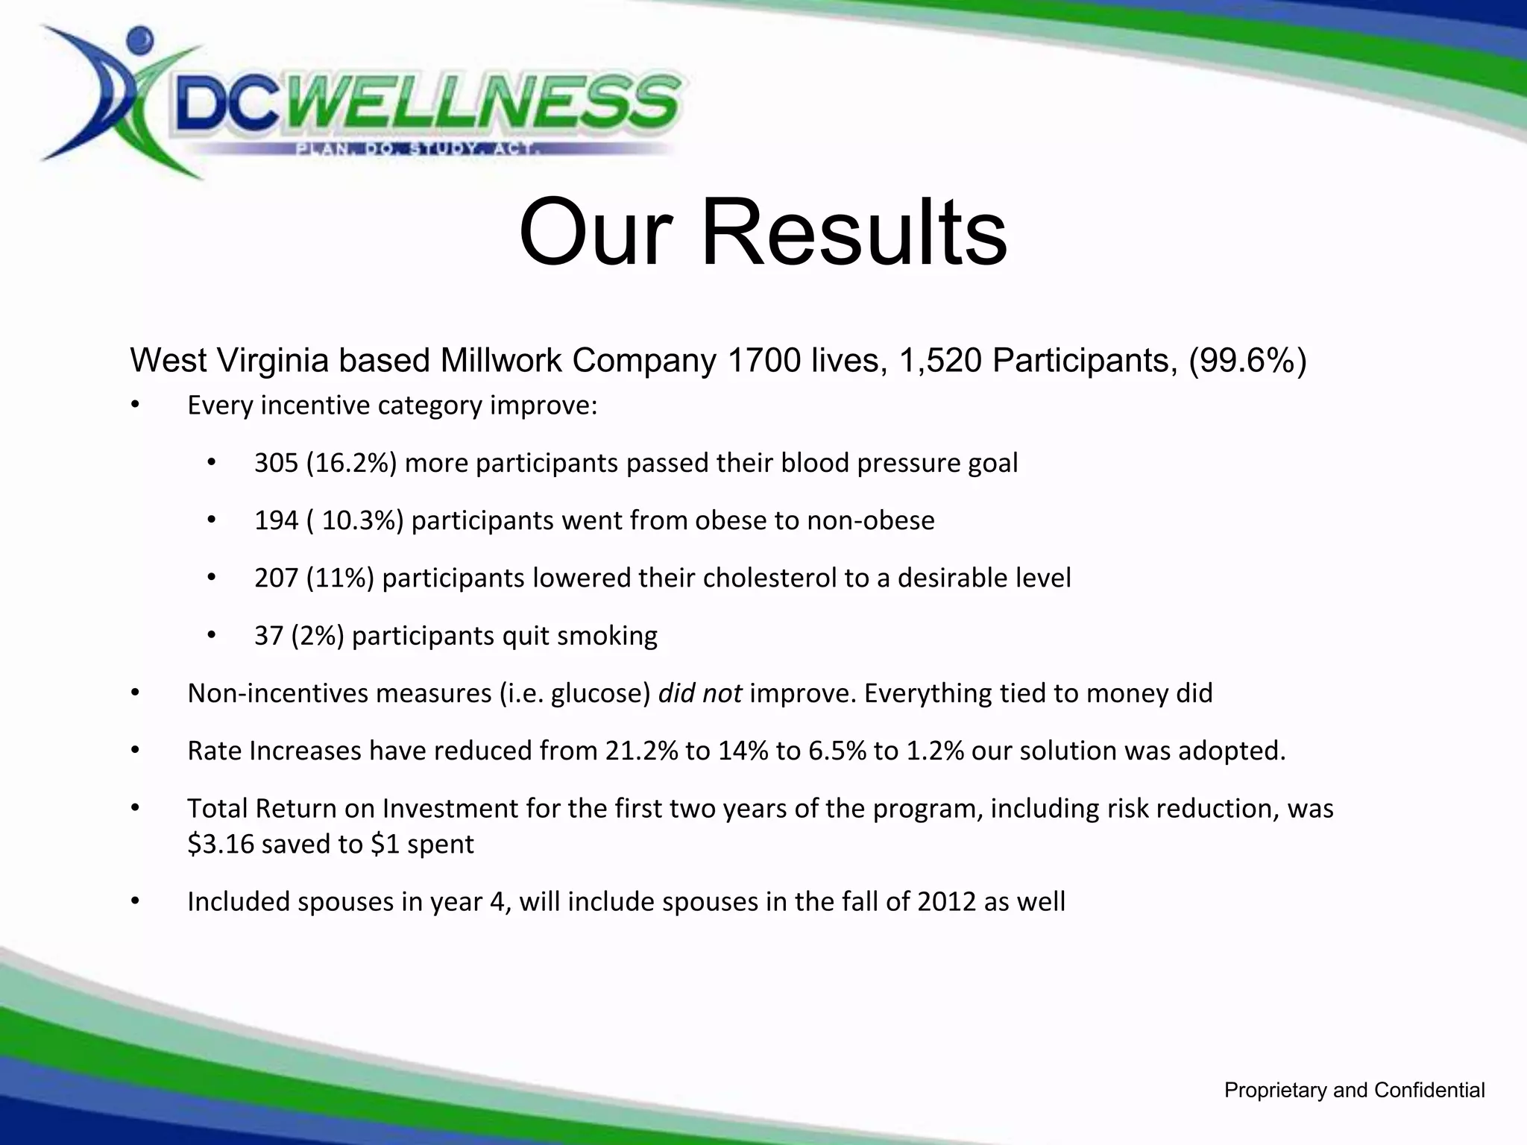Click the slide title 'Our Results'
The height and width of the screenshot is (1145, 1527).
pos(762,232)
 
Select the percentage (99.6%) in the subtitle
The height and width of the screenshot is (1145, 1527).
pos(1247,361)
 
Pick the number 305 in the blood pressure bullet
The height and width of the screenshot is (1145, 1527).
pos(276,464)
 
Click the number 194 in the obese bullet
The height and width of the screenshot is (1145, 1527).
pos(276,521)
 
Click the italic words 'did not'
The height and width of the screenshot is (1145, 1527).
pos(699,693)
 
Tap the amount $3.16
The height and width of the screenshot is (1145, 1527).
pos(221,845)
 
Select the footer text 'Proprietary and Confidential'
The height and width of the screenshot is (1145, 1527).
pos(1354,1091)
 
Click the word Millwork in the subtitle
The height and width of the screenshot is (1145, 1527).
pos(502,361)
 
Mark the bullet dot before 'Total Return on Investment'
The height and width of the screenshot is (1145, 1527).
pos(135,808)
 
